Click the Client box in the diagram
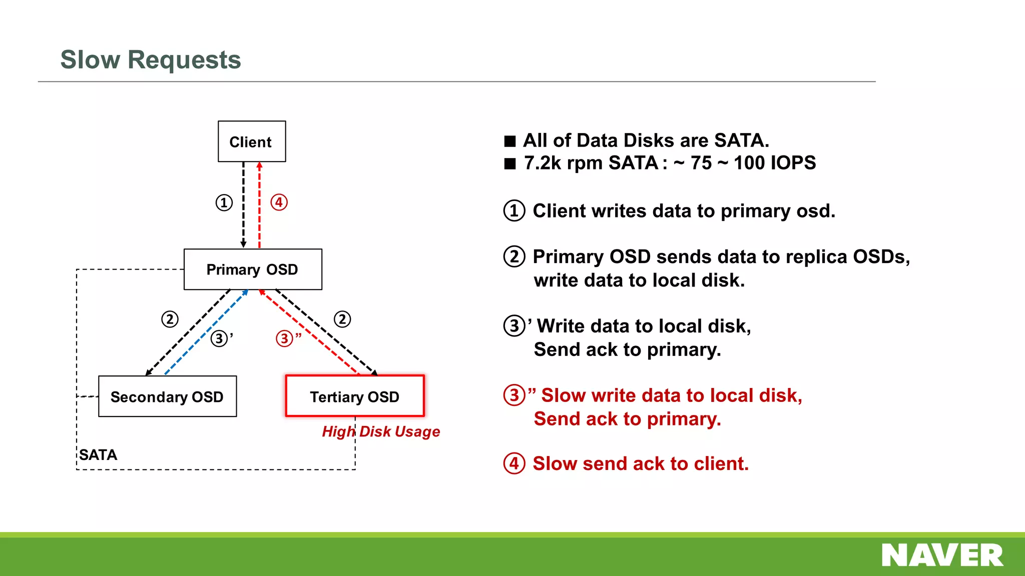[x=252, y=141]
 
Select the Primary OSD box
[x=253, y=269]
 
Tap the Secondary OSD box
[x=167, y=396]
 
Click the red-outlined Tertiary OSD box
[x=354, y=396]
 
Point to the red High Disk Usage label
[x=381, y=431]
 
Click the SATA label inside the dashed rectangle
[x=98, y=454]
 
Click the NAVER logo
[x=942, y=555]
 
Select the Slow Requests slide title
[x=151, y=59]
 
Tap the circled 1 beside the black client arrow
[x=224, y=202]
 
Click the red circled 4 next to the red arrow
[x=279, y=202]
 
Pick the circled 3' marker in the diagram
[x=220, y=338]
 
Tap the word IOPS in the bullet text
[x=793, y=163]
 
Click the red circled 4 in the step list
[x=514, y=463]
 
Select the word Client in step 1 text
[x=557, y=211]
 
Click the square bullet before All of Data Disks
[x=509, y=141]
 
